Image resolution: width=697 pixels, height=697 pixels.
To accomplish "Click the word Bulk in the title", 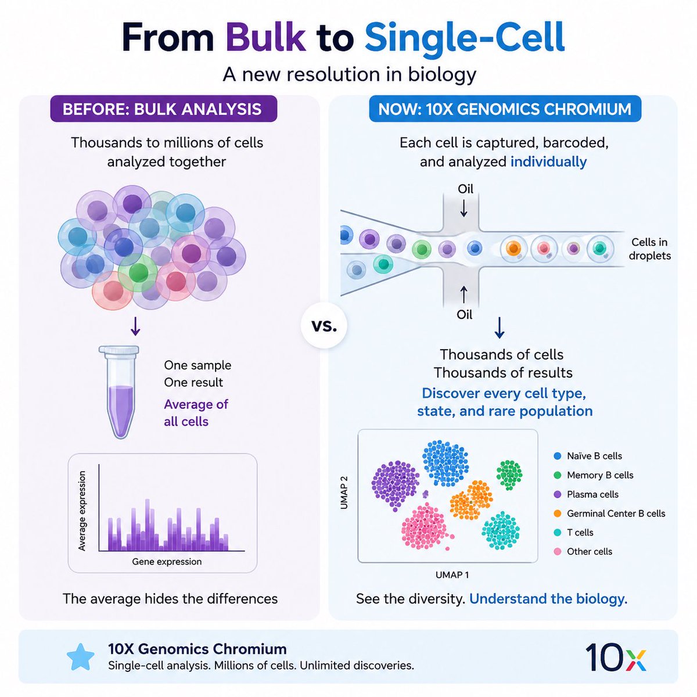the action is pyautogui.click(x=265, y=37).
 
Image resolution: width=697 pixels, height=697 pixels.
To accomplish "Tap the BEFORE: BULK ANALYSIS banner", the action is pyautogui.click(x=163, y=109).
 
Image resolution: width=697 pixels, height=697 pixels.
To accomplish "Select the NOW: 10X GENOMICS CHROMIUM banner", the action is pyautogui.click(x=505, y=109).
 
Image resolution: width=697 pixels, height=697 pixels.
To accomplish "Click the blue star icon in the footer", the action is pyautogui.click(x=81, y=657).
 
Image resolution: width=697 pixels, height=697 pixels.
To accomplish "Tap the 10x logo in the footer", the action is pyautogui.click(x=615, y=657).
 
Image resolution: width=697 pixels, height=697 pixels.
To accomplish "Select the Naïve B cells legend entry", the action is pyautogui.click(x=588, y=456).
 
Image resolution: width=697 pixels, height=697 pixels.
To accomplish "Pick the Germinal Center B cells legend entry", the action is pyautogui.click(x=609, y=513).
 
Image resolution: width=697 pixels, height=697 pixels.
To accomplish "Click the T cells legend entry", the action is pyautogui.click(x=574, y=533).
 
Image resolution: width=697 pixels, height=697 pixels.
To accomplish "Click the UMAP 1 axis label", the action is pyautogui.click(x=452, y=575).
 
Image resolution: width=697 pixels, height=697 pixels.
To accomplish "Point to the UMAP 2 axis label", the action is pyautogui.click(x=344, y=493).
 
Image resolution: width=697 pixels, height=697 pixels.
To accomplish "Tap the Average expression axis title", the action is pyautogui.click(x=82, y=511).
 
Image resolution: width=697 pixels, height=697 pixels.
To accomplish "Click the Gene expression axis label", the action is pyautogui.click(x=167, y=562).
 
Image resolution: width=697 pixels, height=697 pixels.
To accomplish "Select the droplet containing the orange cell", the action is pyautogui.click(x=513, y=248).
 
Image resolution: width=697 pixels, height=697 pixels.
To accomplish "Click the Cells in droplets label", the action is pyautogui.click(x=649, y=249).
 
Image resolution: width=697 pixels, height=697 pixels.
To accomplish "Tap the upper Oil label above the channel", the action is pyautogui.click(x=465, y=189).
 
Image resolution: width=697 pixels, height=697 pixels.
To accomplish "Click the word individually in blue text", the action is pyautogui.click(x=548, y=161).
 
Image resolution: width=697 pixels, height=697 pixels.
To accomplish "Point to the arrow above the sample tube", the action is pyautogui.click(x=135, y=326).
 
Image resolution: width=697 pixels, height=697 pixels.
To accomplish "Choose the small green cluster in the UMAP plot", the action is pyautogui.click(x=509, y=475).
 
